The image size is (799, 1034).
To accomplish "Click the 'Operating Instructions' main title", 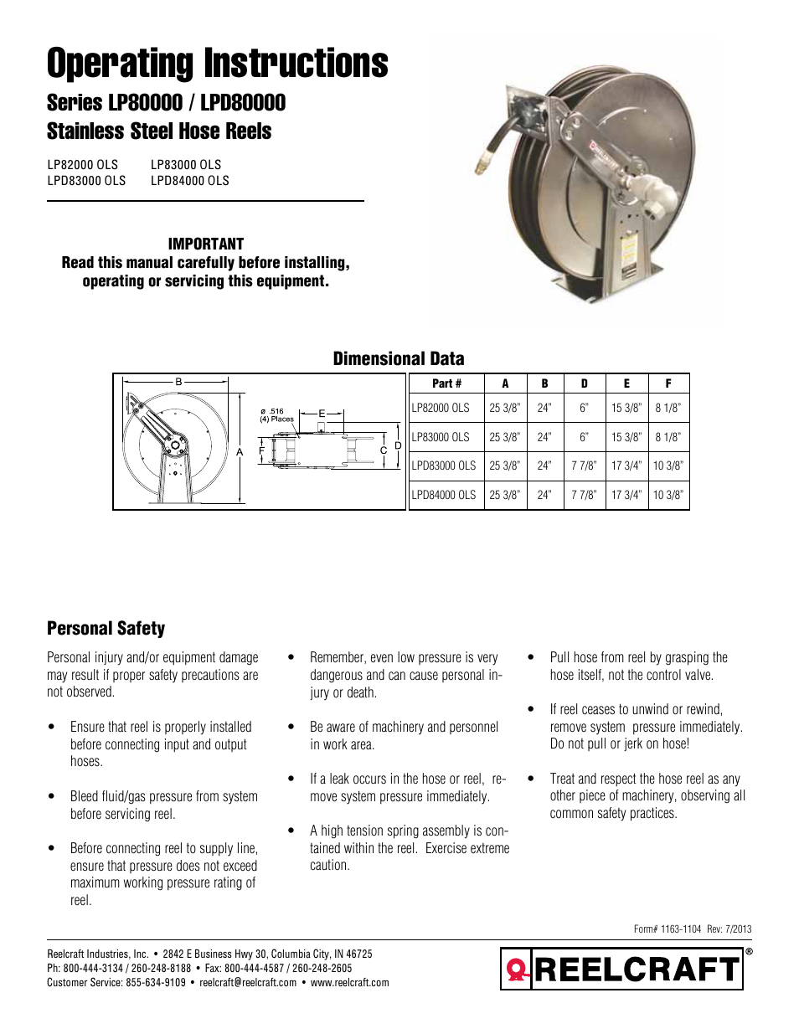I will pyautogui.click(x=217, y=64).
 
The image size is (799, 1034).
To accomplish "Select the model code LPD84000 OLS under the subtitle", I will pyautogui.click(x=189, y=181).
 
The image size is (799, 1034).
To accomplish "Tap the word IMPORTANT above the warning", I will pyautogui.click(x=205, y=244).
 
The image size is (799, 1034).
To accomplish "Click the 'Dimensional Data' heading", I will pyautogui.click(x=398, y=358).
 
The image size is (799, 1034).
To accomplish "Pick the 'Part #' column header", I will pyautogui.click(x=446, y=383).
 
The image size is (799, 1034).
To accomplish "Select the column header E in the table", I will pyautogui.click(x=626, y=383).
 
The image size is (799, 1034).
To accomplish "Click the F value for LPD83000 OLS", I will pyautogui.click(x=668, y=466).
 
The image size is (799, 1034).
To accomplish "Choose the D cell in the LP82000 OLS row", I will pyautogui.click(x=584, y=409).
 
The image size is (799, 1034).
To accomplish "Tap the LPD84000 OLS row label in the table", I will pyautogui.click(x=444, y=495).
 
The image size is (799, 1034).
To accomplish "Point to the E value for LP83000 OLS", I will pyautogui.click(x=626, y=437).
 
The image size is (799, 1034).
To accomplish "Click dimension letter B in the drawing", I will pyautogui.click(x=178, y=382).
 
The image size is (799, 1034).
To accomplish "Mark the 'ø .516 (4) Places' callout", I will pyautogui.click(x=276, y=415).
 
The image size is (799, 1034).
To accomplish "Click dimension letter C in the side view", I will pyautogui.click(x=384, y=450).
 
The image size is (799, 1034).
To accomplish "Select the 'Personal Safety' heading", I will pyautogui.click(x=106, y=628).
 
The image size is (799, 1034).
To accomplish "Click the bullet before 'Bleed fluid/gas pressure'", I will pyautogui.click(x=52, y=796).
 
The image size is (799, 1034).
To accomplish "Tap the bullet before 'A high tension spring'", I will pyautogui.click(x=291, y=831).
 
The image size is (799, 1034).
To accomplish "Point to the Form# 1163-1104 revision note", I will pyautogui.click(x=692, y=929).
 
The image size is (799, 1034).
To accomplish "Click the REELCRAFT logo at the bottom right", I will pyautogui.click(x=622, y=970).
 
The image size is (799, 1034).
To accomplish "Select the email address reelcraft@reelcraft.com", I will pyautogui.click(x=248, y=983).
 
